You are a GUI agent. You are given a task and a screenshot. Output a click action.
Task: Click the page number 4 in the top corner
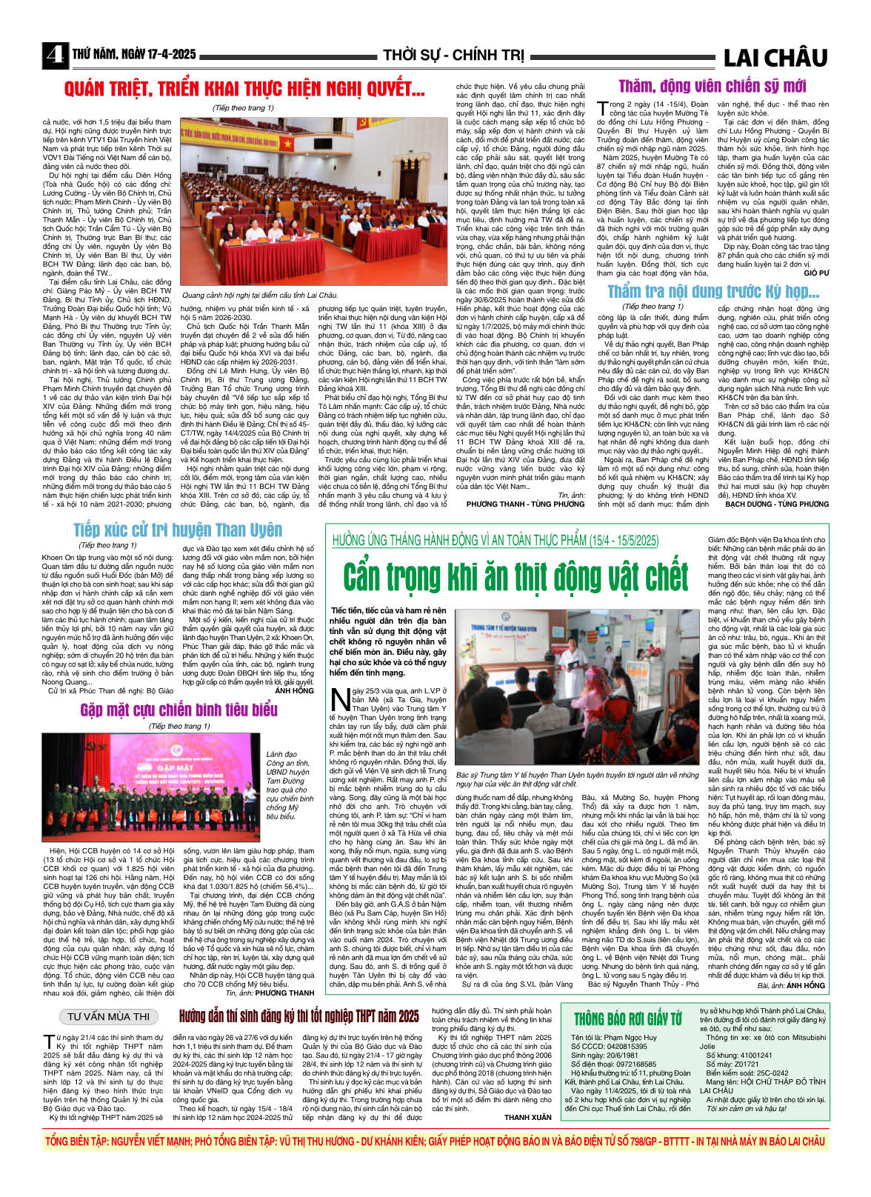55,56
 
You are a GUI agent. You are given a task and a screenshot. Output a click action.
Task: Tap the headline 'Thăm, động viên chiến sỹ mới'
712,86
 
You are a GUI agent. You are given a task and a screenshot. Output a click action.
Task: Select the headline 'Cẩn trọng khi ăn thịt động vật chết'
515,578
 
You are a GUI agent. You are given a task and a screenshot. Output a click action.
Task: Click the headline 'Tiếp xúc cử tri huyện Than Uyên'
178,530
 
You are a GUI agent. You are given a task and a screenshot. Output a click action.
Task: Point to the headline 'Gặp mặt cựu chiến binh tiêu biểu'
178,710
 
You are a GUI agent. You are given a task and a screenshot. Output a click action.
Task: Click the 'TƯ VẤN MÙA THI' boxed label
109,1016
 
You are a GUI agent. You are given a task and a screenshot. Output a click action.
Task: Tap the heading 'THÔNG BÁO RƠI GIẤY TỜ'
628,1019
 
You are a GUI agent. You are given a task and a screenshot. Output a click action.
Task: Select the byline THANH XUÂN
528,1117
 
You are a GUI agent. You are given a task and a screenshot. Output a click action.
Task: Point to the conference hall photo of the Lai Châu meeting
315,201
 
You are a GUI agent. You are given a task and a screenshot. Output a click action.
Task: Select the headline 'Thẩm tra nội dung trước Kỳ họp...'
713,292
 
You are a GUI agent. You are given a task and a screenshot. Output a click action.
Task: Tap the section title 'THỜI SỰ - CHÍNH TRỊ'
453,56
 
